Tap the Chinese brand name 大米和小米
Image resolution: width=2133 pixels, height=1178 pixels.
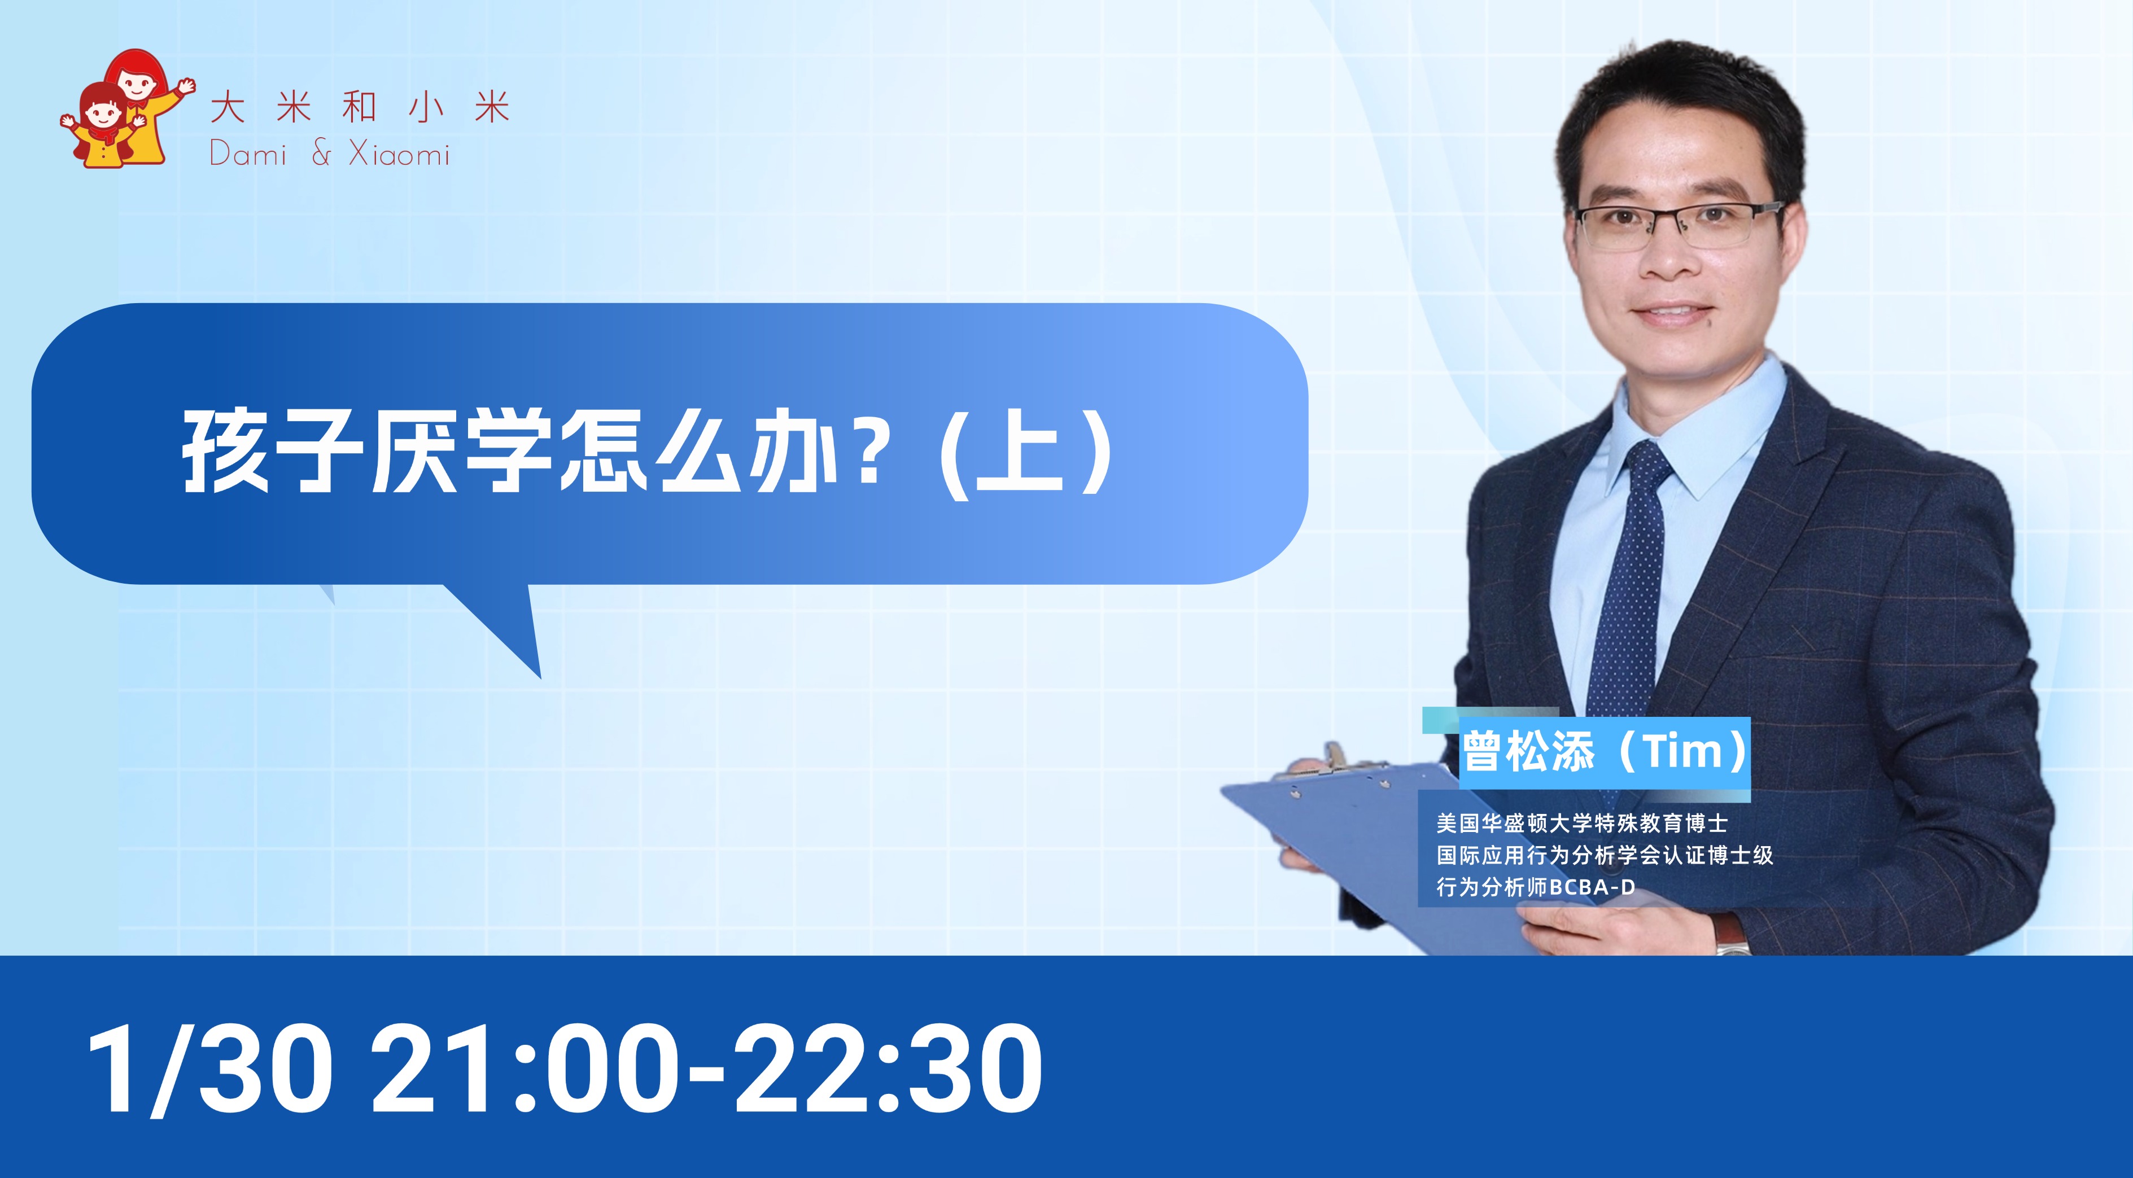(x=360, y=108)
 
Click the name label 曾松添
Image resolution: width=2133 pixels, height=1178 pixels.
(x=1528, y=752)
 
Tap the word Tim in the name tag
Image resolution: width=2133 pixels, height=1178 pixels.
(x=1682, y=752)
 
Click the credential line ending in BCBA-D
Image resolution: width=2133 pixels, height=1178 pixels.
(x=1536, y=887)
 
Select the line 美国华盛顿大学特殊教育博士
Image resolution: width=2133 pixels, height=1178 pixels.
(x=1581, y=824)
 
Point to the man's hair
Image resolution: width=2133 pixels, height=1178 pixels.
(x=1681, y=108)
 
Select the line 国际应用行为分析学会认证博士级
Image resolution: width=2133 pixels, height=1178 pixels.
(x=1605, y=855)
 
